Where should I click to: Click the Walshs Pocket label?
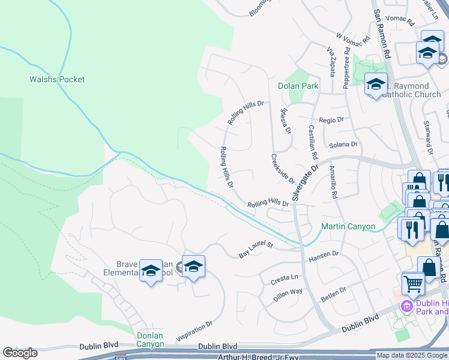(57, 79)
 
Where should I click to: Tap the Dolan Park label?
(298, 86)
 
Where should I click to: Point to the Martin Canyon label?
(348, 227)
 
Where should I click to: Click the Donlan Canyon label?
(150, 340)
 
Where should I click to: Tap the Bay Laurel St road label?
(256, 250)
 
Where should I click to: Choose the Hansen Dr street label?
(324, 256)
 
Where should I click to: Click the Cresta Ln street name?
(285, 278)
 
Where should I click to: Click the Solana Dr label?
(344, 145)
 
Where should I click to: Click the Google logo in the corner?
(19, 353)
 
